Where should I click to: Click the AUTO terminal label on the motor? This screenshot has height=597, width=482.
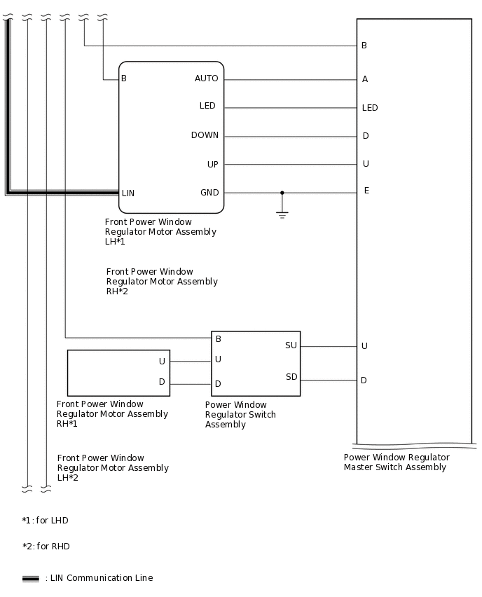pos(206,78)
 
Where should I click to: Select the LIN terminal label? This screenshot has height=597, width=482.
pos(128,193)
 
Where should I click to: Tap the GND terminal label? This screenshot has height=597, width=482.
pos(209,193)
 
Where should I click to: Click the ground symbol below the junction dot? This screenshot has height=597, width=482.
pos(282,214)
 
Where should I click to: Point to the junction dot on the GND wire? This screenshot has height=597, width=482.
pos(282,193)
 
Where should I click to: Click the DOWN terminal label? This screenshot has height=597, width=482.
pos(205,135)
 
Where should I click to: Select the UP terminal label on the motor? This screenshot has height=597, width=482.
pos(212,165)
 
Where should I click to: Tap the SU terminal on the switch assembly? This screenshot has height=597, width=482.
pos(291,345)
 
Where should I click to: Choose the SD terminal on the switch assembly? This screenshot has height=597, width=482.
pos(291,377)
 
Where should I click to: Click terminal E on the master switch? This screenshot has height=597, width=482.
pos(366,191)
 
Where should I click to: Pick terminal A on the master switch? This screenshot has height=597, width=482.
pos(365,79)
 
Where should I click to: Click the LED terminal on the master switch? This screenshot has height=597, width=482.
pos(370,108)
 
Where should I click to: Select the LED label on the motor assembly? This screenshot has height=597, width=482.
pos(207,106)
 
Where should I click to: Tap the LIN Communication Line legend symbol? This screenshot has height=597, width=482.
pos(30,579)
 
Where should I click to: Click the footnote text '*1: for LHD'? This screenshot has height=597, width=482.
pos(45,521)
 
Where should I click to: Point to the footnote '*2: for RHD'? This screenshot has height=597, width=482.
pos(46,547)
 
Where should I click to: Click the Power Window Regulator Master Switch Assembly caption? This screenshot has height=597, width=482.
pos(397,462)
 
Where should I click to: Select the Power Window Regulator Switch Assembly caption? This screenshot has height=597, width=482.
pos(240,414)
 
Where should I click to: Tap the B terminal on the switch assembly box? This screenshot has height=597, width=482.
pos(219,339)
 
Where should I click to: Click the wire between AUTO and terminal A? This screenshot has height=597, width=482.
pos(290,79)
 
